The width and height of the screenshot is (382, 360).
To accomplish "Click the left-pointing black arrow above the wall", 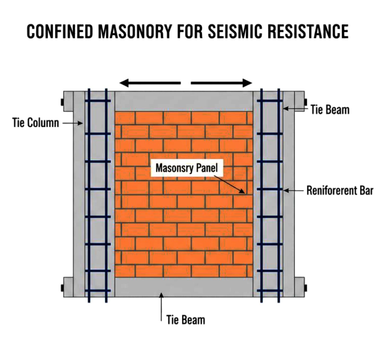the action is point(150,83).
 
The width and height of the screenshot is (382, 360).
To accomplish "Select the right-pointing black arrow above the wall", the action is point(222,83).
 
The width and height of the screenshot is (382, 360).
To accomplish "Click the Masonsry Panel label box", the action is point(187,168).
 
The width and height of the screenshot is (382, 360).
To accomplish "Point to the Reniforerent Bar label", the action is point(340,190).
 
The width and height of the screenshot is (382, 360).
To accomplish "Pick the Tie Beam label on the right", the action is point(330,110).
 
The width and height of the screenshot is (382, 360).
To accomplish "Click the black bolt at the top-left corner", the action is point(62,102).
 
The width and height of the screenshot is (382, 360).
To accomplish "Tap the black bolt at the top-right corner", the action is point(306,102).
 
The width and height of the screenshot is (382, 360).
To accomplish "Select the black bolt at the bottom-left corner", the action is point(62,288).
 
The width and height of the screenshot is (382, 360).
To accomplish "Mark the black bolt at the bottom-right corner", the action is point(306,288).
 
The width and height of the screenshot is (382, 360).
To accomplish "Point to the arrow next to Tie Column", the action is point(72,123).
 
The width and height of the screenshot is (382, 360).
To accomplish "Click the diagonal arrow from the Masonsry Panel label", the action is point(229,184).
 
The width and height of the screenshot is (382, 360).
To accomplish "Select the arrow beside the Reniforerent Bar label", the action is point(293,191).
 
